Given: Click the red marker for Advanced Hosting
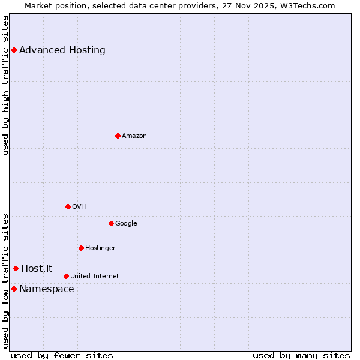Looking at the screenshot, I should pos(14,50).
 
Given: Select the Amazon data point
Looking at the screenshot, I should pos(118,136).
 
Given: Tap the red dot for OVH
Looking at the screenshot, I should pos(68,206).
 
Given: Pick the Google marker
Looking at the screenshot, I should pos(111,223).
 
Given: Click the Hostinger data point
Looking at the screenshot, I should pos(81,248).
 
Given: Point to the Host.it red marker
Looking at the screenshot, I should pos(16,268).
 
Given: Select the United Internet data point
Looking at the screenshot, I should pos(66,276).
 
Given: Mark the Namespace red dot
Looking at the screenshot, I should pos(14,289).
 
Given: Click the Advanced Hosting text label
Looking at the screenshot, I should pos(62,50).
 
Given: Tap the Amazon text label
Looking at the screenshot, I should pos(134,136).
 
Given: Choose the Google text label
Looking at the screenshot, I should pos(126,223).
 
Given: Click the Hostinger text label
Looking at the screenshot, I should pos(100,248).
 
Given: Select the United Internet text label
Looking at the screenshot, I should pos(95,276).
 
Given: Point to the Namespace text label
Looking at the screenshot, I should pos(47,289).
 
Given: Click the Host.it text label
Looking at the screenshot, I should pos(37,268).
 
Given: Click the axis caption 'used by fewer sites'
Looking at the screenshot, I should pos(62,355).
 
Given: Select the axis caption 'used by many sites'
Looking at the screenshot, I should pos(301,355).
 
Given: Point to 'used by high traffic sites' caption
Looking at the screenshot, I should pos(5,85).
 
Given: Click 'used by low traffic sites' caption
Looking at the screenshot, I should pos(5,281).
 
